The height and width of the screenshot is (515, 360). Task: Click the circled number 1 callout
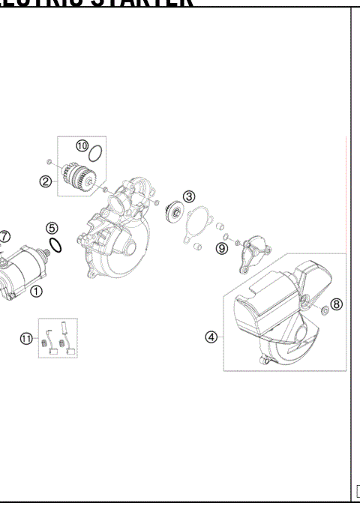pos(35,292)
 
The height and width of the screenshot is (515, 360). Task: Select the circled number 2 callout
pos(46,181)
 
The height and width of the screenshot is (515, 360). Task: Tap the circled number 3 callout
pos(189,196)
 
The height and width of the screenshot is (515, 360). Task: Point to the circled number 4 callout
pos(211,337)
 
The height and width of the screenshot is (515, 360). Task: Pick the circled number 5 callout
pos(51,228)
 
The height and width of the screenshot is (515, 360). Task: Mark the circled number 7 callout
pos(4,236)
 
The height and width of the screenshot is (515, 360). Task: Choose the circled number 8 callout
pos(336,304)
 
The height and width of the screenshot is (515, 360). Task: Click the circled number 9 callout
pos(221,248)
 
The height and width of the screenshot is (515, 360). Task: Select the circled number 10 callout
pos(82,145)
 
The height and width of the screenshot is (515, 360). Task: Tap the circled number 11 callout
pos(26,339)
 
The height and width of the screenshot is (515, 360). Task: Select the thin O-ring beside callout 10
pos(95,156)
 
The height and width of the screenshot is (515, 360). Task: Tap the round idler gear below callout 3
pos(173,212)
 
